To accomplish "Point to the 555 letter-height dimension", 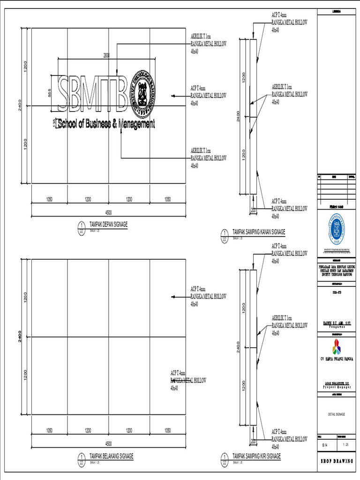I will pyautogui.click(x=50, y=92).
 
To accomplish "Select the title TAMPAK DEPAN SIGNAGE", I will pyautogui.click(x=108, y=225).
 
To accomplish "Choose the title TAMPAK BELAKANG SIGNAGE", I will pyautogui.click(x=111, y=456).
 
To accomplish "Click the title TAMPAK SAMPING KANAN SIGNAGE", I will pyautogui.click(x=258, y=232).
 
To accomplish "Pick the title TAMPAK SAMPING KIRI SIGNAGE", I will pyautogui.click(x=256, y=456).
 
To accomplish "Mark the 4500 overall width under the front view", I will pyautogui.click(x=108, y=212).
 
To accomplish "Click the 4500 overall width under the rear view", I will pyautogui.click(x=108, y=443).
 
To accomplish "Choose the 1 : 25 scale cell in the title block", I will pyautogui.click(x=345, y=444).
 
